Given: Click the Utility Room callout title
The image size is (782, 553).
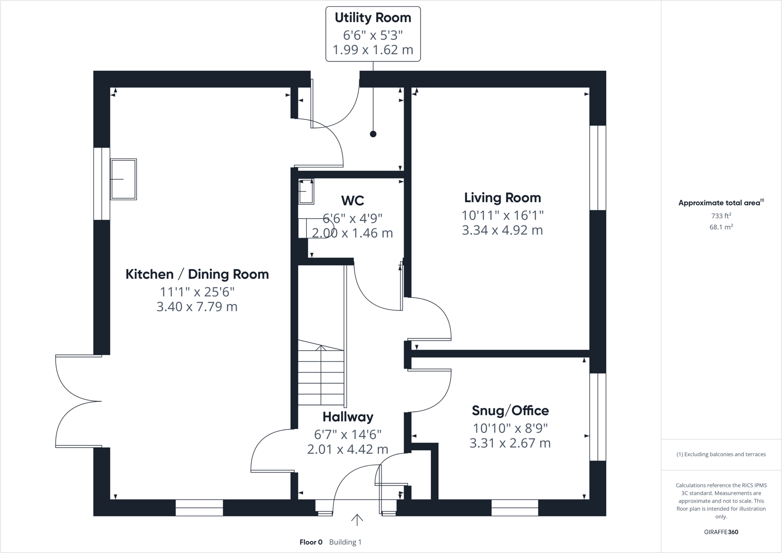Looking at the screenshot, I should (x=373, y=18).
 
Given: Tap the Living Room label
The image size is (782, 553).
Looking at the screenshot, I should (x=502, y=198).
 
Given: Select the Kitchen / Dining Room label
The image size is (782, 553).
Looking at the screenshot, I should (x=197, y=274).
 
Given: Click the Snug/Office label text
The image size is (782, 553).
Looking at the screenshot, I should (x=510, y=411).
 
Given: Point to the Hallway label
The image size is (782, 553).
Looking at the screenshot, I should (x=347, y=417).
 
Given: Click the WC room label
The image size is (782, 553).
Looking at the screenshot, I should (x=352, y=200).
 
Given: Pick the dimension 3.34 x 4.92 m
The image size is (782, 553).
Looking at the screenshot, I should (x=502, y=230).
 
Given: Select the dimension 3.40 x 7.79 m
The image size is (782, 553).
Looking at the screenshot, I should (x=197, y=307).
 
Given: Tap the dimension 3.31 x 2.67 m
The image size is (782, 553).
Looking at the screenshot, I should (x=510, y=443).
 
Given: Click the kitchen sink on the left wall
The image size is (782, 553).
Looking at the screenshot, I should (x=124, y=179).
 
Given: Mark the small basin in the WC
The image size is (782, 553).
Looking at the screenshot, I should (x=306, y=191).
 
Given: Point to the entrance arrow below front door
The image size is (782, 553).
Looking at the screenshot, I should (x=357, y=519).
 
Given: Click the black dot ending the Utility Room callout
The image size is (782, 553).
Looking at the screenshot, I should (x=373, y=134).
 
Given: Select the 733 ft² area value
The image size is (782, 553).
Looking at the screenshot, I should (x=721, y=216).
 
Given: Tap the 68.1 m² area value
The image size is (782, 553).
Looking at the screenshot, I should (x=721, y=227).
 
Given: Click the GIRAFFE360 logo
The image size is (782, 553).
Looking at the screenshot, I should (x=721, y=532).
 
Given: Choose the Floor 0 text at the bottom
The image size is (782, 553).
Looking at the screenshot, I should (x=311, y=542).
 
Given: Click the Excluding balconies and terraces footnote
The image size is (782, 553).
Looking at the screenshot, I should (x=721, y=454).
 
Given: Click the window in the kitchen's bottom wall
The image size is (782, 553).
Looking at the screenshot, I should (x=199, y=508).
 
